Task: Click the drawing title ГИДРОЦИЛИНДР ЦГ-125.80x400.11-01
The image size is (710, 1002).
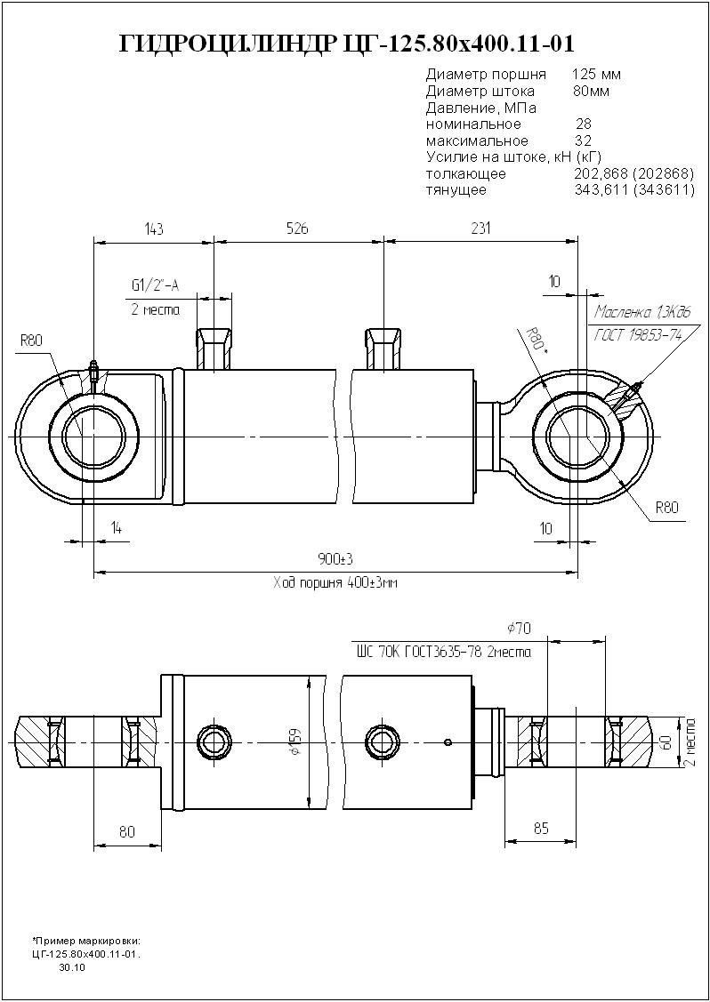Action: [346, 44]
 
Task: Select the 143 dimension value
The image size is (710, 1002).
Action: [154, 229]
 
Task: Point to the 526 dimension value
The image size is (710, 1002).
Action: [297, 229]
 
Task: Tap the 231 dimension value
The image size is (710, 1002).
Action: [480, 229]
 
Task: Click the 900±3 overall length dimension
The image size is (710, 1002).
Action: [336, 558]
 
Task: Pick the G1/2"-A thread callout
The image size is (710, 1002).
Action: [155, 285]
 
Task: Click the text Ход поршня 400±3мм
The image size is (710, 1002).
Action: [336, 584]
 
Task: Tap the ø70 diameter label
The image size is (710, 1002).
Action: [518, 629]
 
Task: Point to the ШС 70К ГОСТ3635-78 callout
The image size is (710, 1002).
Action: [443, 652]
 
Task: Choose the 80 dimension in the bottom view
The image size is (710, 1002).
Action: [127, 832]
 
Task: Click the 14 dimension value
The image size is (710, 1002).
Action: [116, 528]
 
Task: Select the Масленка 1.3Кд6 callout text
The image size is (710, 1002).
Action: [641, 313]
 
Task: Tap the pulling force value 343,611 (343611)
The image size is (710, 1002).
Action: [634, 190]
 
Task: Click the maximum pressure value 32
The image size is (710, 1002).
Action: [584, 140]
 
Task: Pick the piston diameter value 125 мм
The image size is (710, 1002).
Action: [597, 73]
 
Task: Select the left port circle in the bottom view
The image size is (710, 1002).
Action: [214, 740]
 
